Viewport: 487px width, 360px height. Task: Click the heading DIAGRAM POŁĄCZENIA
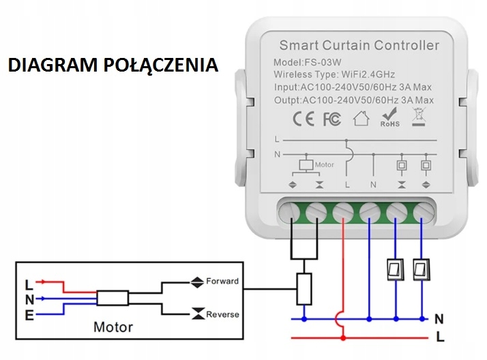[113, 65]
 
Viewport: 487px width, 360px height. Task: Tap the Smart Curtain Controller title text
[359, 46]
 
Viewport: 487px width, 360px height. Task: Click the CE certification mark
[303, 119]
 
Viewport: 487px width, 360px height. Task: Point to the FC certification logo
[331, 119]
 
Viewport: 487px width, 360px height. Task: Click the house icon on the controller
[361, 119]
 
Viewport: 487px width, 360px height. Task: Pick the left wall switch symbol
[394, 269]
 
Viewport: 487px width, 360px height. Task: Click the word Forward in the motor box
[222, 281]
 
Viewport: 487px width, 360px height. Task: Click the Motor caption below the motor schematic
[113, 327]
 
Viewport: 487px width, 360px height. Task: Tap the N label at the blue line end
[439, 318]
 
